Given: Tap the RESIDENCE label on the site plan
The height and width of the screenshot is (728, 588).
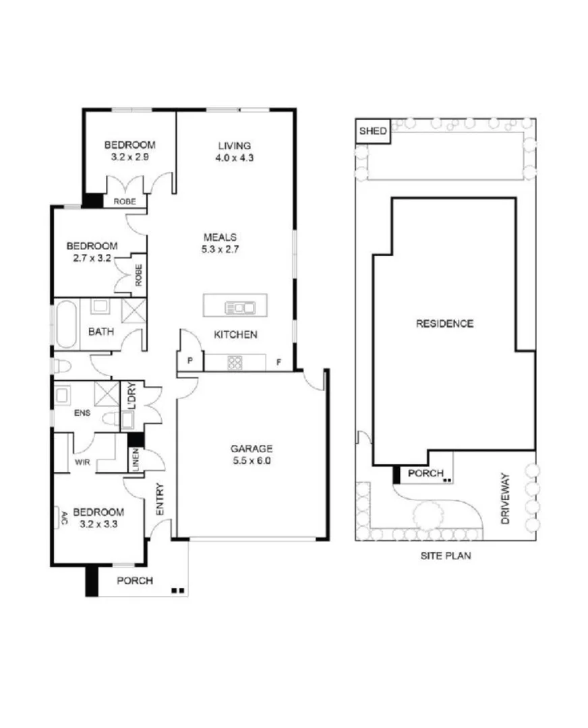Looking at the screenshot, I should (444, 324).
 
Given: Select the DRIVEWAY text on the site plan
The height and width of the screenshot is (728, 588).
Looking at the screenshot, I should (508, 499).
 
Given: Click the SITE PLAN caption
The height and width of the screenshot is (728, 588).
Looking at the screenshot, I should (445, 556).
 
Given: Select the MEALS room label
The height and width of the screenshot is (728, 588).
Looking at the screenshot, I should (220, 237).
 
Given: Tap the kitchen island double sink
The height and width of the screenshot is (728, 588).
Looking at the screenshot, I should (239, 308).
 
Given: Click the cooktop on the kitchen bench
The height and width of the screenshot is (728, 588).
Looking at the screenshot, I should (235, 363).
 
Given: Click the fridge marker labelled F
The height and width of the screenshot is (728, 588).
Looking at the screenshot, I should (278, 363).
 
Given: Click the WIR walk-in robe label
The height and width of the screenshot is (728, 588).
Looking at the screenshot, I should (82, 463).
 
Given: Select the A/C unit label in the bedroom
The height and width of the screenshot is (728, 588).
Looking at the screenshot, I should (64, 519).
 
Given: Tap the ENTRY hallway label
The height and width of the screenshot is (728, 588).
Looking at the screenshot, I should (160, 500).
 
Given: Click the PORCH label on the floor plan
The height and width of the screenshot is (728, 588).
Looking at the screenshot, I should (135, 581).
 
